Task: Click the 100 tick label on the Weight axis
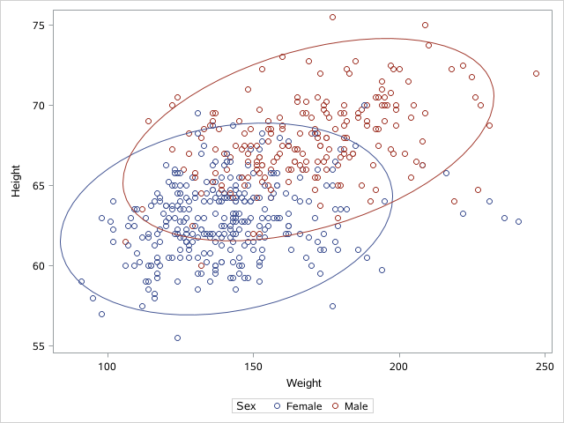point(108,367)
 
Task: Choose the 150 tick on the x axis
point(253,367)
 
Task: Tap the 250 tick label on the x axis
point(545,367)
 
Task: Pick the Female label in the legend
point(303,405)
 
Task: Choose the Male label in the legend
point(356,405)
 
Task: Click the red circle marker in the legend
point(336,405)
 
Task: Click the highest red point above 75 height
point(332,17)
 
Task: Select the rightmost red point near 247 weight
point(536,73)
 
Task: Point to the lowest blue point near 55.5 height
point(177,338)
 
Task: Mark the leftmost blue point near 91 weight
point(81,282)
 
